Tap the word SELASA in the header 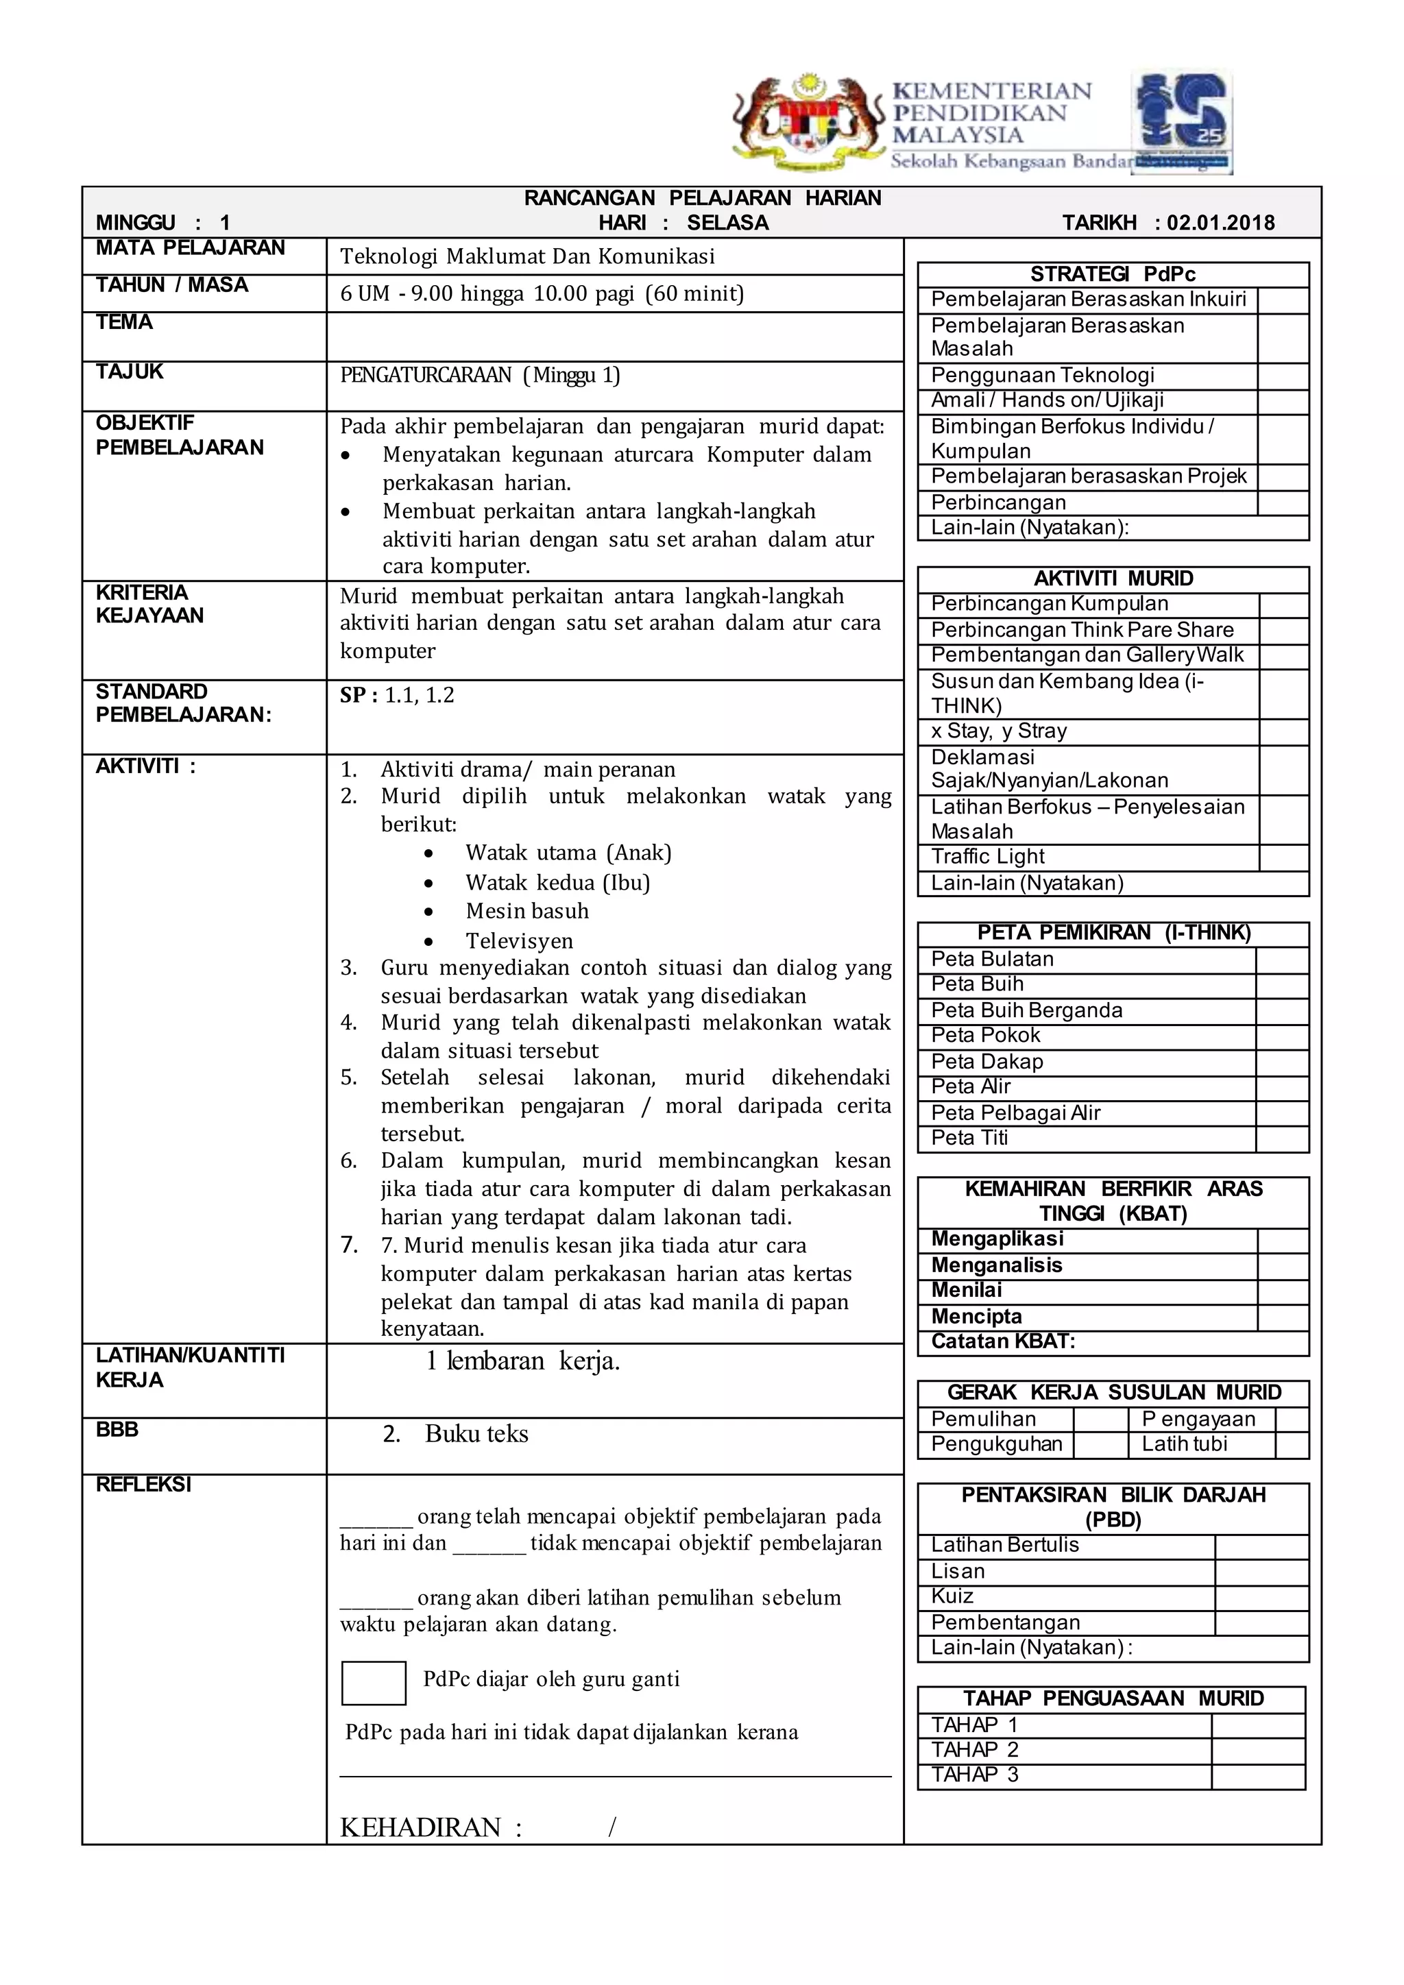pyautogui.click(x=727, y=223)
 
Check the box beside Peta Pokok pyautogui.click(x=1282, y=1036)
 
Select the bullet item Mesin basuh pyautogui.click(x=526, y=911)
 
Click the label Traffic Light pyautogui.click(x=987, y=857)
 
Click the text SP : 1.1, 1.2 pyautogui.click(x=397, y=696)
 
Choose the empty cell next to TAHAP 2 pyautogui.click(x=1257, y=1751)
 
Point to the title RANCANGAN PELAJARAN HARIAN pyautogui.click(x=702, y=198)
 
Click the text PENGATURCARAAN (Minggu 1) pyautogui.click(x=480, y=375)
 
